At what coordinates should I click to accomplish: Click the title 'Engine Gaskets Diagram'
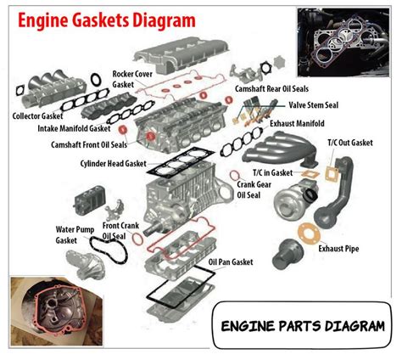99,19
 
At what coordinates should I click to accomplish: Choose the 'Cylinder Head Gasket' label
113,163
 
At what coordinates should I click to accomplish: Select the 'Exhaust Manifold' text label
299,124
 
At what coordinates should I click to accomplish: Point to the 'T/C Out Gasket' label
349,143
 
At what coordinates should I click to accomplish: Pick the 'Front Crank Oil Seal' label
120,231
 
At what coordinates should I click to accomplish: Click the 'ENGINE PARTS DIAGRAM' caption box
301,326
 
